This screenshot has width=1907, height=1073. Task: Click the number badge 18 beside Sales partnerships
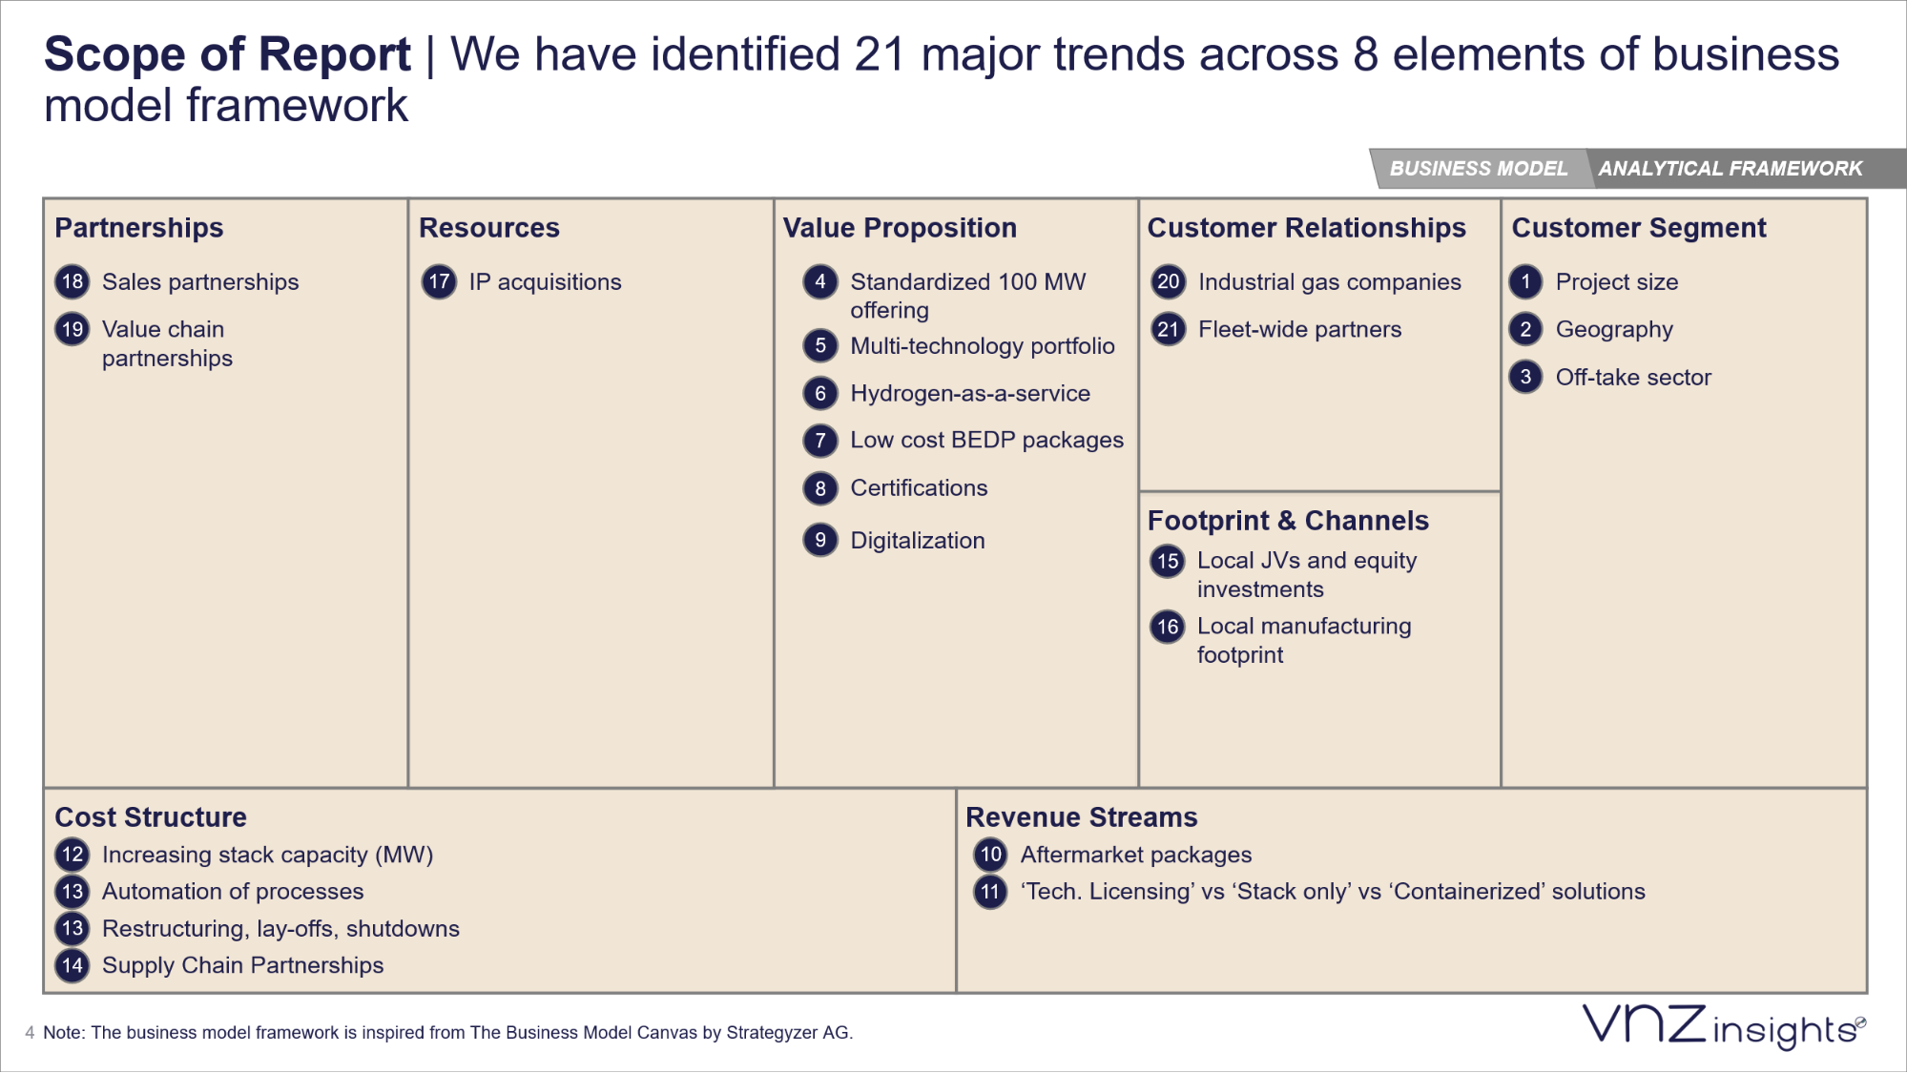click(73, 281)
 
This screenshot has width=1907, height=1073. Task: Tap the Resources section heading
click(488, 228)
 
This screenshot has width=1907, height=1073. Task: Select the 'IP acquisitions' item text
click(545, 282)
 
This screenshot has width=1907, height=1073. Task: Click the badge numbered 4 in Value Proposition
click(819, 281)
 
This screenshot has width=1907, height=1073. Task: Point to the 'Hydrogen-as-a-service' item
click(969, 393)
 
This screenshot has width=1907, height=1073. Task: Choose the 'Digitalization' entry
click(917, 541)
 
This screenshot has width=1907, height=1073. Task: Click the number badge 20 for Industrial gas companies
click(1168, 281)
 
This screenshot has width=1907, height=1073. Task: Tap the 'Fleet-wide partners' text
click(1299, 330)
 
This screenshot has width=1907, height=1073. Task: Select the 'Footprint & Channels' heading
click(1288, 521)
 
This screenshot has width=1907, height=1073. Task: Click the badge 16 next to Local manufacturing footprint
click(1168, 627)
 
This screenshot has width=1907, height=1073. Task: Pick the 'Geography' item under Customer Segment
click(1614, 330)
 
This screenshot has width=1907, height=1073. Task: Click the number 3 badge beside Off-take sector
click(1525, 377)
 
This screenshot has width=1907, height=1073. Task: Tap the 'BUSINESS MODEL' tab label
click(1478, 169)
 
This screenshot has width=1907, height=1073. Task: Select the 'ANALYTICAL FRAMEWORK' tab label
click(1730, 169)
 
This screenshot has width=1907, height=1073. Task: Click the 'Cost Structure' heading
click(151, 817)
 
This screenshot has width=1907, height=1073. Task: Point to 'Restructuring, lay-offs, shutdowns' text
click(280, 929)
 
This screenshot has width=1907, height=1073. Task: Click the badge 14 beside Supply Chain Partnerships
click(73, 965)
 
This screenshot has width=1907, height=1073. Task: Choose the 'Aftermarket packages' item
click(1135, 855)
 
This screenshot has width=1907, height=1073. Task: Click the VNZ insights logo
click(1723, 1027)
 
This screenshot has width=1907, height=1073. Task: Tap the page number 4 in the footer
click(30, 1033)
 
